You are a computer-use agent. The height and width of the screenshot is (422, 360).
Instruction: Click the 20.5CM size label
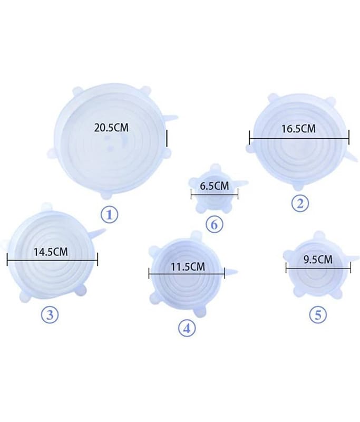pos(111,128)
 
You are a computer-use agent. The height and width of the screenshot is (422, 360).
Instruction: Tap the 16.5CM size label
pos(298,129)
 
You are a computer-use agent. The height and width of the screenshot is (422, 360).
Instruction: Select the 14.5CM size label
pos(51,252)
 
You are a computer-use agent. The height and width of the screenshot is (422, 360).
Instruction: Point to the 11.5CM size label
pos(188,267)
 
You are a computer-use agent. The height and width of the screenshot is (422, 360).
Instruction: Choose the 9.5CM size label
pos(318,260)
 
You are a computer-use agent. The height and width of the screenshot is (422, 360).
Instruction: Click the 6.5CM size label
pos(215,186)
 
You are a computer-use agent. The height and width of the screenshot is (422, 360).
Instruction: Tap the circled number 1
pos(109,215)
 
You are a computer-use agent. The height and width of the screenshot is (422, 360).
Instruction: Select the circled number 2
pos(300,204)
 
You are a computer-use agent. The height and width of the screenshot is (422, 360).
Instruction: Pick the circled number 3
pos(50,314)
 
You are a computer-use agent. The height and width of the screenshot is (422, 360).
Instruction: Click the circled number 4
pos(187,328)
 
